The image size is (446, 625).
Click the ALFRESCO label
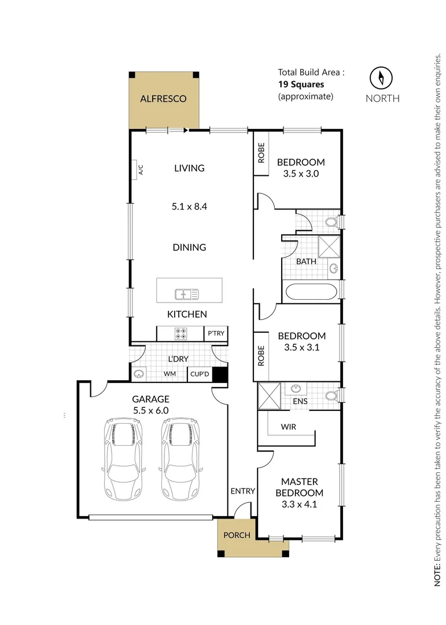click(x=163, y=99)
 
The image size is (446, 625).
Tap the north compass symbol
click(x=381, y=78)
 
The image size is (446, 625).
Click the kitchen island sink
click(x=187, y=294)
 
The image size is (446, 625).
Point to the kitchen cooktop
click(x=181, y=333)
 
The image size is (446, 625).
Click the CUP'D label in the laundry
click(x=200, y=374)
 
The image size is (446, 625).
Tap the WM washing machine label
click(x=169, y=374)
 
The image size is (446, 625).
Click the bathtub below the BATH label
click(x=311, y=291)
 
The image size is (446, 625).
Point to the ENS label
click(x=300, y=400)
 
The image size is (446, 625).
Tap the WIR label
click(x=289, y=427)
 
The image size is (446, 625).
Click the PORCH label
click(x=237, y=535)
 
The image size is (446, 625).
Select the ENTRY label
click(x=243, y=491)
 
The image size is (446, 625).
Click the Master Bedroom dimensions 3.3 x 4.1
click(x=299, y=504)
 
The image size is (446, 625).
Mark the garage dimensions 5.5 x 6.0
click(x=150, y=410)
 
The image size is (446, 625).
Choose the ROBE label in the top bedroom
click(x=261, y=153)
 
